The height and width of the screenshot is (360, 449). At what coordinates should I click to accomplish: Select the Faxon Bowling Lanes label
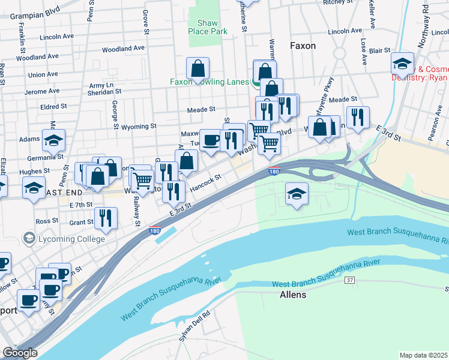point(209,82)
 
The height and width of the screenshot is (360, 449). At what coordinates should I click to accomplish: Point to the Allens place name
point(293,295)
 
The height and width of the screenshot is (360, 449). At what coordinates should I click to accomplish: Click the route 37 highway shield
point(350,280)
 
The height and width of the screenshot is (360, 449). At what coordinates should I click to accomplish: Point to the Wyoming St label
point(139,127)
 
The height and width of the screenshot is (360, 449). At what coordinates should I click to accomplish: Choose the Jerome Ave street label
point(43,91)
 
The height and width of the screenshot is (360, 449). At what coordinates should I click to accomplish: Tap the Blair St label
point(380,51)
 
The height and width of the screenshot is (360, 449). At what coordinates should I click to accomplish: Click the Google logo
point(20,353)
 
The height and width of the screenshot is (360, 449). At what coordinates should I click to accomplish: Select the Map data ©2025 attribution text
point(423,355)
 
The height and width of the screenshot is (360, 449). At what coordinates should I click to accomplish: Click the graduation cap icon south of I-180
point(295,194)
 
